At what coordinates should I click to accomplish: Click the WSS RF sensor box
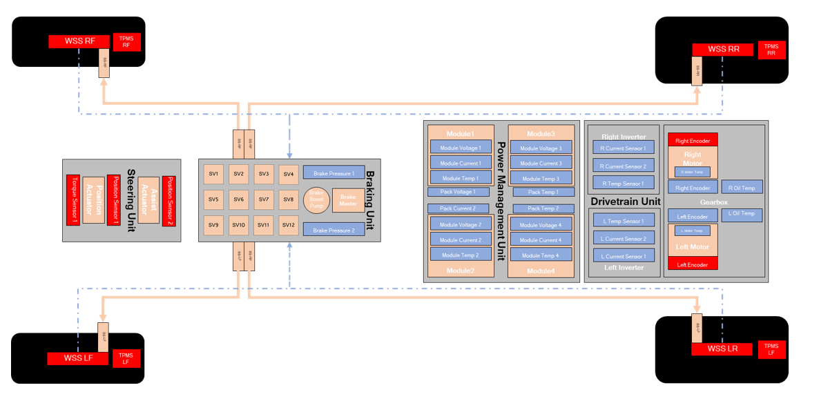pyautogui.click(x=80, y=41)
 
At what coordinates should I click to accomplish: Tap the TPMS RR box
pyautogui.click(x=771, y=50)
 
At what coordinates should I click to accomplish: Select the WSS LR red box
pyautogui.click(x=723, y=349)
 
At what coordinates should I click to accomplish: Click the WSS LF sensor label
pyautogui.click(x=78, y=358)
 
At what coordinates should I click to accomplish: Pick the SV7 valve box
pyautogui.click(x=264, y=199)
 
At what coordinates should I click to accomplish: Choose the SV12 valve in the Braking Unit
pyautogui.click(x=289, y=225)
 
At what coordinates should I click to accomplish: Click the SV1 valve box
pyautogui.click(x=213, y=174)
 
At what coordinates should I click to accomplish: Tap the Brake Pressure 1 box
pyautogui.click(x=334, y=174)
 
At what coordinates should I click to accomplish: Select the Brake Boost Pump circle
pyautogui.click(x=316, y=200)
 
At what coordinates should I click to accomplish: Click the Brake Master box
pyautogui.click(x=347, y=200)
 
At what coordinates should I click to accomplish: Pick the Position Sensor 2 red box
pyautogui.click(x=168, y=200)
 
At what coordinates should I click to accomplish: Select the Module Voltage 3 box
pyautogui.click(x=541, y=148)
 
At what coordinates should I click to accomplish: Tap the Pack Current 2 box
pyautogui.click(x=458, y=208)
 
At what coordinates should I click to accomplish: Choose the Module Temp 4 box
pyautogui.click(x=541, y=255)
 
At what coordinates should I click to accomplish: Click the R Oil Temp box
pyautogui.click(x=742, y=188)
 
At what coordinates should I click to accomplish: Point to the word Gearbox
pyautogui.click(x=713, y=202)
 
